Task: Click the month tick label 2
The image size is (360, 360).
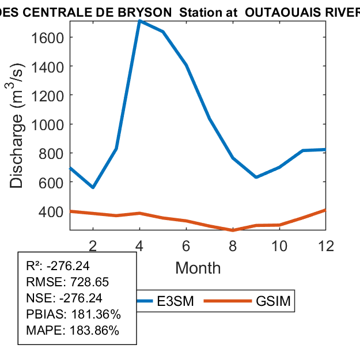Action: point(93,245)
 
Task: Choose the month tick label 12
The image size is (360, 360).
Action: point(326,245)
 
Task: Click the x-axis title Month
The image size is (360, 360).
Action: point(198,268)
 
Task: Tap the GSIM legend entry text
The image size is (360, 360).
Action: point(272,302)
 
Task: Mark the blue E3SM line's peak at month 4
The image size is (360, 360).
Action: point(140,21)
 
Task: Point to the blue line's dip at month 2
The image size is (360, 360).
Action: point(93,187)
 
